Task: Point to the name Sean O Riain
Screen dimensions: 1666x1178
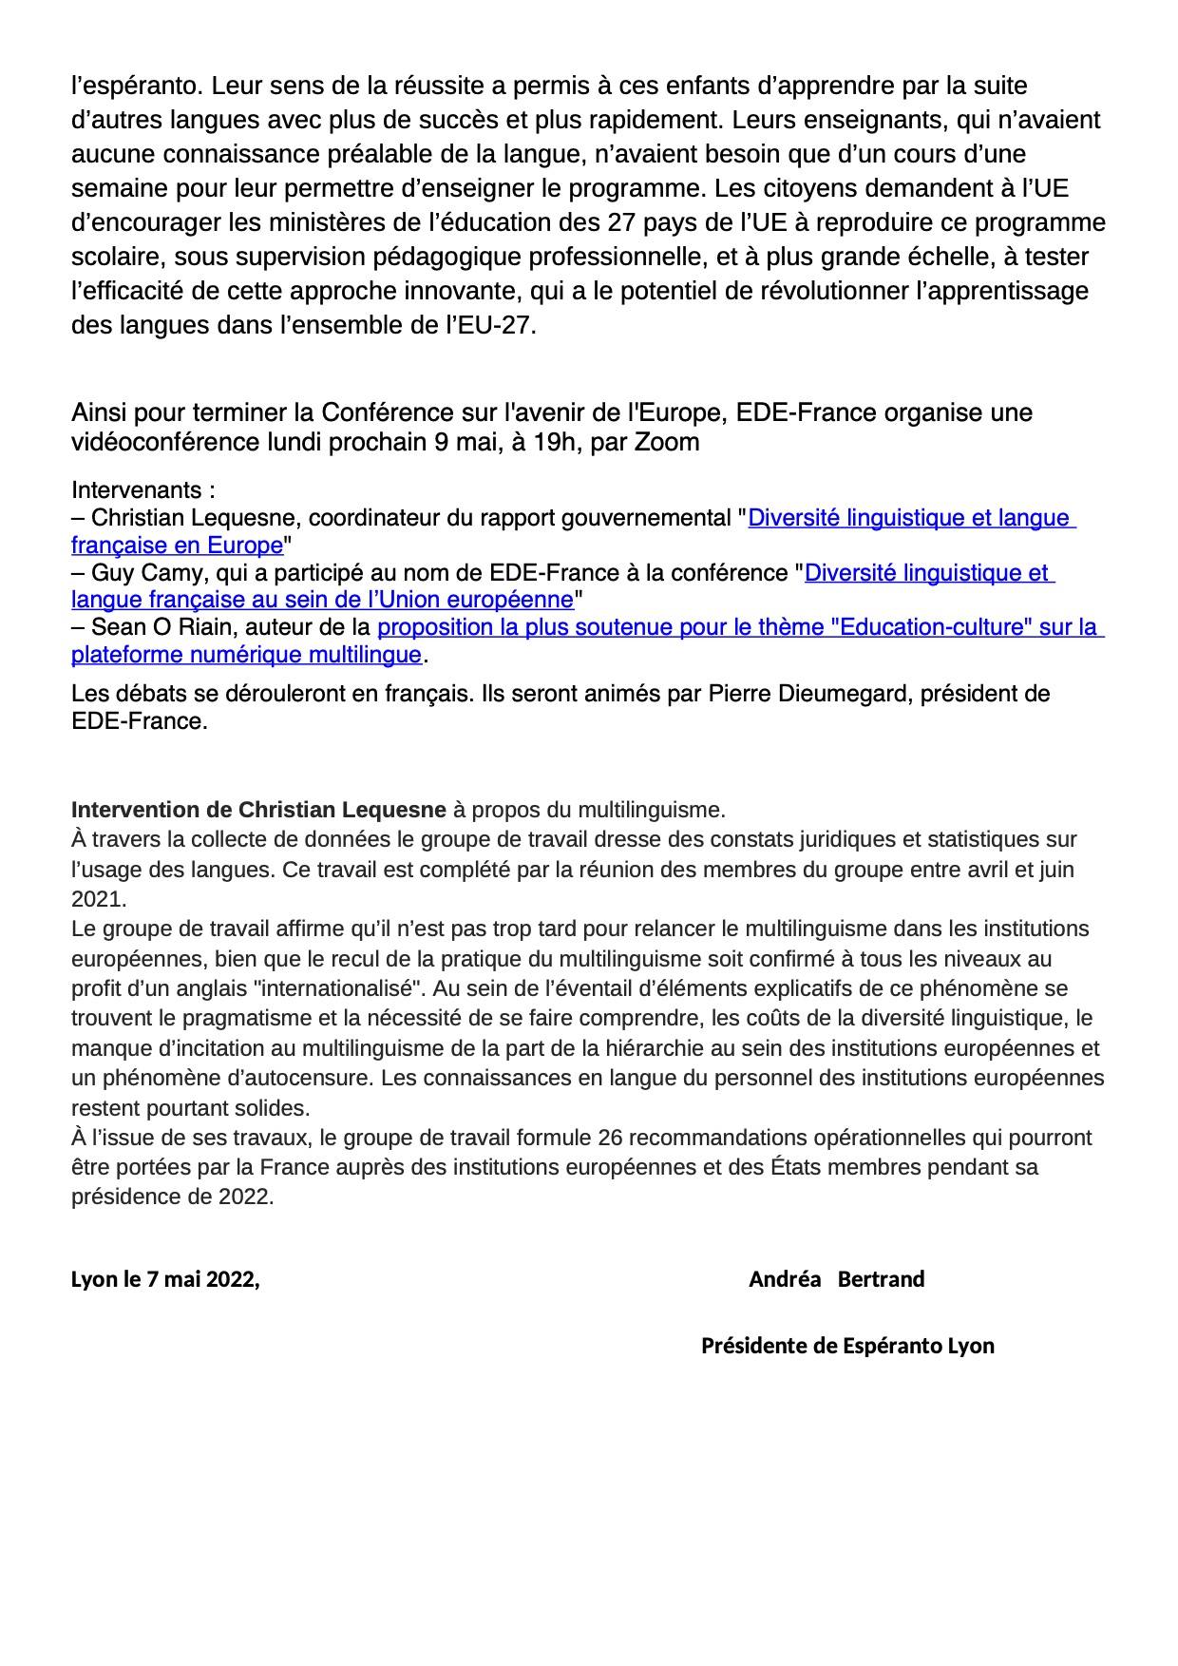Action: (x=161, y=627)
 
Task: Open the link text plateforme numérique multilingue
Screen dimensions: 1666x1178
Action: (x=246, y=655)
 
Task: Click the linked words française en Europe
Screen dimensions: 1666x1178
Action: (x=177, y=546)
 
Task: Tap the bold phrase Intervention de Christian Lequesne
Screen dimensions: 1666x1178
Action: (x=258, y=810)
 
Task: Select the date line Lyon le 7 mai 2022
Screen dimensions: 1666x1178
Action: (x=165, y=1279)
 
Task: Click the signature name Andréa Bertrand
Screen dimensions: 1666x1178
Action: (x=836, y=1279)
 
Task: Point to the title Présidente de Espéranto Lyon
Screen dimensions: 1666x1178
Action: (x=847, y=1346)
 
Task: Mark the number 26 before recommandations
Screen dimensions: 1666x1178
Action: (x=610, y=1138)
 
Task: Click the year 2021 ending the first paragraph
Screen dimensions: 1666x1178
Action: (x=98, y=899)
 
